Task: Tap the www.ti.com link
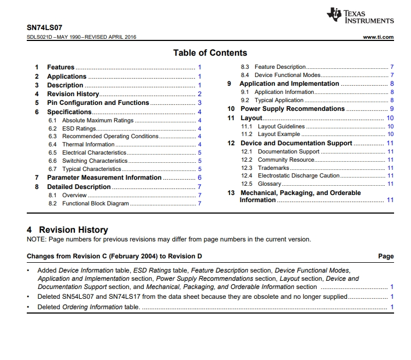click(378, 37)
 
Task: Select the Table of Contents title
click(210, 53)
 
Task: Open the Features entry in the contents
click(61, 67)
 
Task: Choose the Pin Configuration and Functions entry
click(98, 103)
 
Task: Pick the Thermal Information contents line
click(88, 145)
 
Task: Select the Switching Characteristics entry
click(95, 161)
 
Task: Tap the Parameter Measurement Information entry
click(104, 178)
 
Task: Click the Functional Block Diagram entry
click(95, 203)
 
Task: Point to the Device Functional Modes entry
click(287, 75)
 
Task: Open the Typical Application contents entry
click(279, 101)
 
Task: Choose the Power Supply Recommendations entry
click(292, 109)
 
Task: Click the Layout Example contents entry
click(279, 134)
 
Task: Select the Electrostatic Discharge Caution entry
click(298, 176)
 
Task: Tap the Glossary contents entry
click(269, 184)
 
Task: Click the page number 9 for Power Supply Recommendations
click(392, 109)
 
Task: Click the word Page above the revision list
click(386, 256)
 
